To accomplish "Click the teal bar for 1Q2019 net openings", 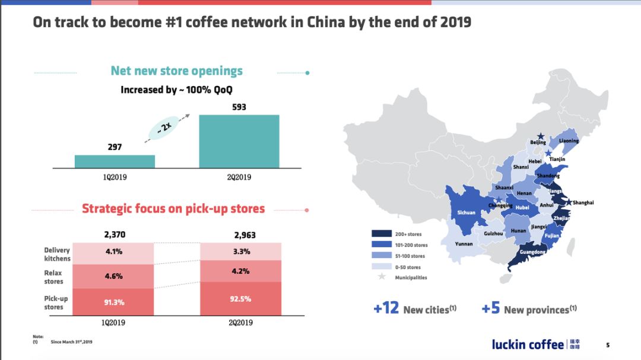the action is point(115,161).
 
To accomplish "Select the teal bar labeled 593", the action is point(239,141).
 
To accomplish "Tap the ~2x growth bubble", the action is point(164,128).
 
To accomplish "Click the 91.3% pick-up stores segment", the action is point(113,302).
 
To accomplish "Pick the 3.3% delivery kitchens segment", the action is point(241,251).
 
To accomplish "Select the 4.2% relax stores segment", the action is point(241,271).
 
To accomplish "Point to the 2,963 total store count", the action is point(245,235).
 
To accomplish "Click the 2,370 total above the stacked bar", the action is point(115,234).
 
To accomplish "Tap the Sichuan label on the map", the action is point(466,212).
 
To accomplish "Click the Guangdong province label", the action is point(532,251).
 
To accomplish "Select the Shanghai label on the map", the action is point(583,203).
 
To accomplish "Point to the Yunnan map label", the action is point(464,244).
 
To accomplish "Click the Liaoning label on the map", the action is point(569,141).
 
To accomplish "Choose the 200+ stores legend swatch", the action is point(382,234).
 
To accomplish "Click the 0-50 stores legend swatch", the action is point(382,266).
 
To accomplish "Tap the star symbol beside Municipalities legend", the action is point(382,276).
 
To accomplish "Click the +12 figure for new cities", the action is point(386,308).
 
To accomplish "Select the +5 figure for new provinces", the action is point(491,308).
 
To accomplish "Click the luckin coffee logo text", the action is point(528,345).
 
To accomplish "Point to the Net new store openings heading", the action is point(177,71).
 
